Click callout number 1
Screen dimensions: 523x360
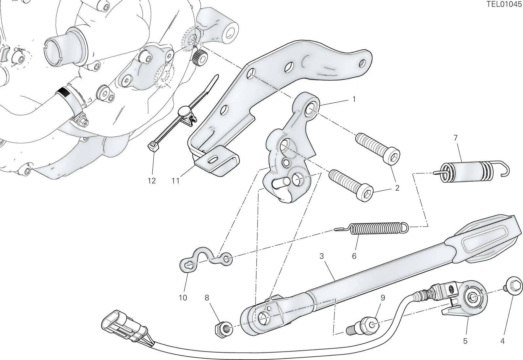(354, 99)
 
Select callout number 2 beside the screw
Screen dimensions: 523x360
(397, 188)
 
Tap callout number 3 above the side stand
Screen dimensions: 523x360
(322, 256)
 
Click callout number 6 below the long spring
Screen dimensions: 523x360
(354, 256)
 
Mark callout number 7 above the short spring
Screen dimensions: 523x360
(456, 138)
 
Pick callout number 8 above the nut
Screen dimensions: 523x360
(207, 298)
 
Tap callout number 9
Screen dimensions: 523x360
(383, 298)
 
